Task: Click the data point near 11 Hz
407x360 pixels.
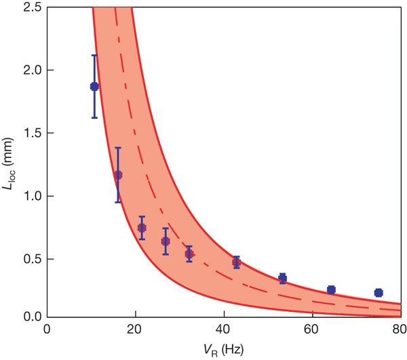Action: pos(94,86)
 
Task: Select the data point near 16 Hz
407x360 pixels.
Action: pos(118,175)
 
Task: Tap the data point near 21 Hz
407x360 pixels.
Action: pos(142,228)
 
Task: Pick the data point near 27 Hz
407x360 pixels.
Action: pos(165,241)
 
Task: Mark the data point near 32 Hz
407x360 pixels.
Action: pos(189,254)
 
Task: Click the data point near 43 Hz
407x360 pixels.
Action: pos(236,262)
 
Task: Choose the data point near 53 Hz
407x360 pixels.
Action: pos(282,278)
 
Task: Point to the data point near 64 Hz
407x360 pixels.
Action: pos(331,289)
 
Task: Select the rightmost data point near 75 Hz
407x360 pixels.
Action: pos(379,293)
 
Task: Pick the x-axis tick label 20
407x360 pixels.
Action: pos(136,329)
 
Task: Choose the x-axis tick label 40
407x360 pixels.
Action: pos(224,329)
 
